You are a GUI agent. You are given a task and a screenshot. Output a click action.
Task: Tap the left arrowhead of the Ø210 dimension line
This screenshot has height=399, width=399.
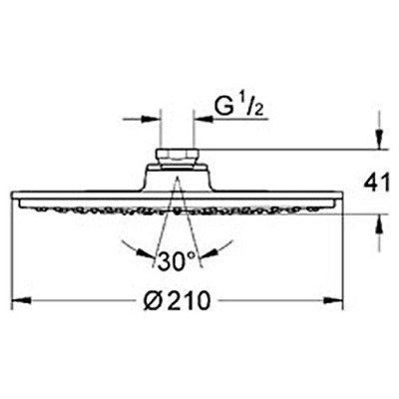17,302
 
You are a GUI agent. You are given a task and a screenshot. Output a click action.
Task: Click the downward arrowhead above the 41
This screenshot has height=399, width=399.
380,141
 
